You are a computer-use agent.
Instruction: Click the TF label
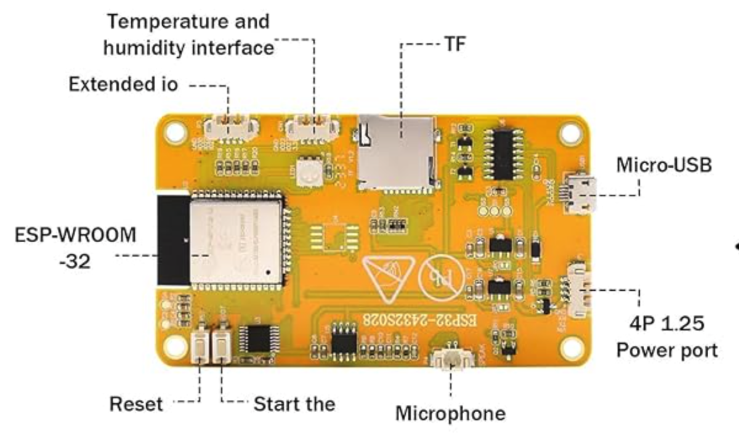click(x=455, y=44)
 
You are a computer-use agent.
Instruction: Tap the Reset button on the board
click(x=199, y=346)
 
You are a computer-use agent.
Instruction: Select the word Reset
click(x=136, y=405)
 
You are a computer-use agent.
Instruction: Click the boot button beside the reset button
click(x=220, y=346)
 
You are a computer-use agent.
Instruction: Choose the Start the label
click(x=294, y=404)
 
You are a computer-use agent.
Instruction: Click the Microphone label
click(x=450, y=413)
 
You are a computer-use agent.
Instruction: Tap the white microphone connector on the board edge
click(x=453, y=360)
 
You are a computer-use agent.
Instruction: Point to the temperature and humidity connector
click(x=313, y=126)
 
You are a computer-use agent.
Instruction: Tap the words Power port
click(x=667, y=350)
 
